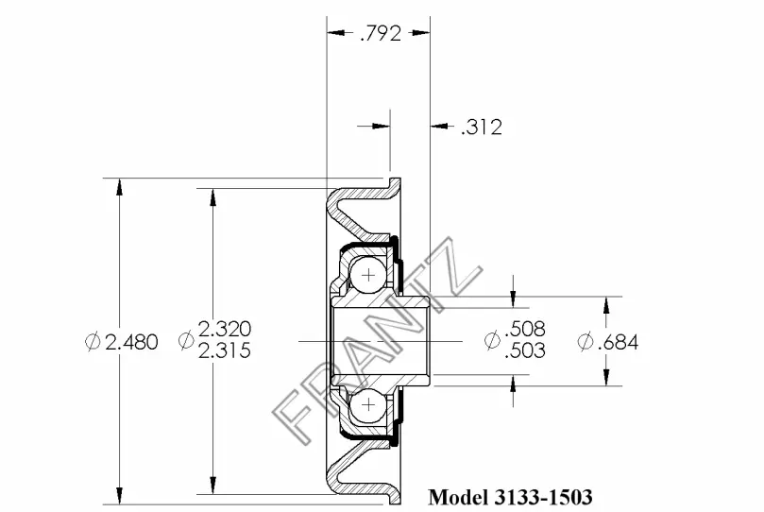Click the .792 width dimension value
pos(381,33)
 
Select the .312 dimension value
pos(482,128)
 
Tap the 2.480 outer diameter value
pos(131,342)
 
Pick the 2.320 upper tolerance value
pos(225,330)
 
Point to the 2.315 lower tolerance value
pos(225,350)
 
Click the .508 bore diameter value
pos(525,329)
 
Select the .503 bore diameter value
pos(525,350)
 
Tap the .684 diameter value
pos(618,342)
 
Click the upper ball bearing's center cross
pos(369,276)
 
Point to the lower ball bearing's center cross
pos(369,404)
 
